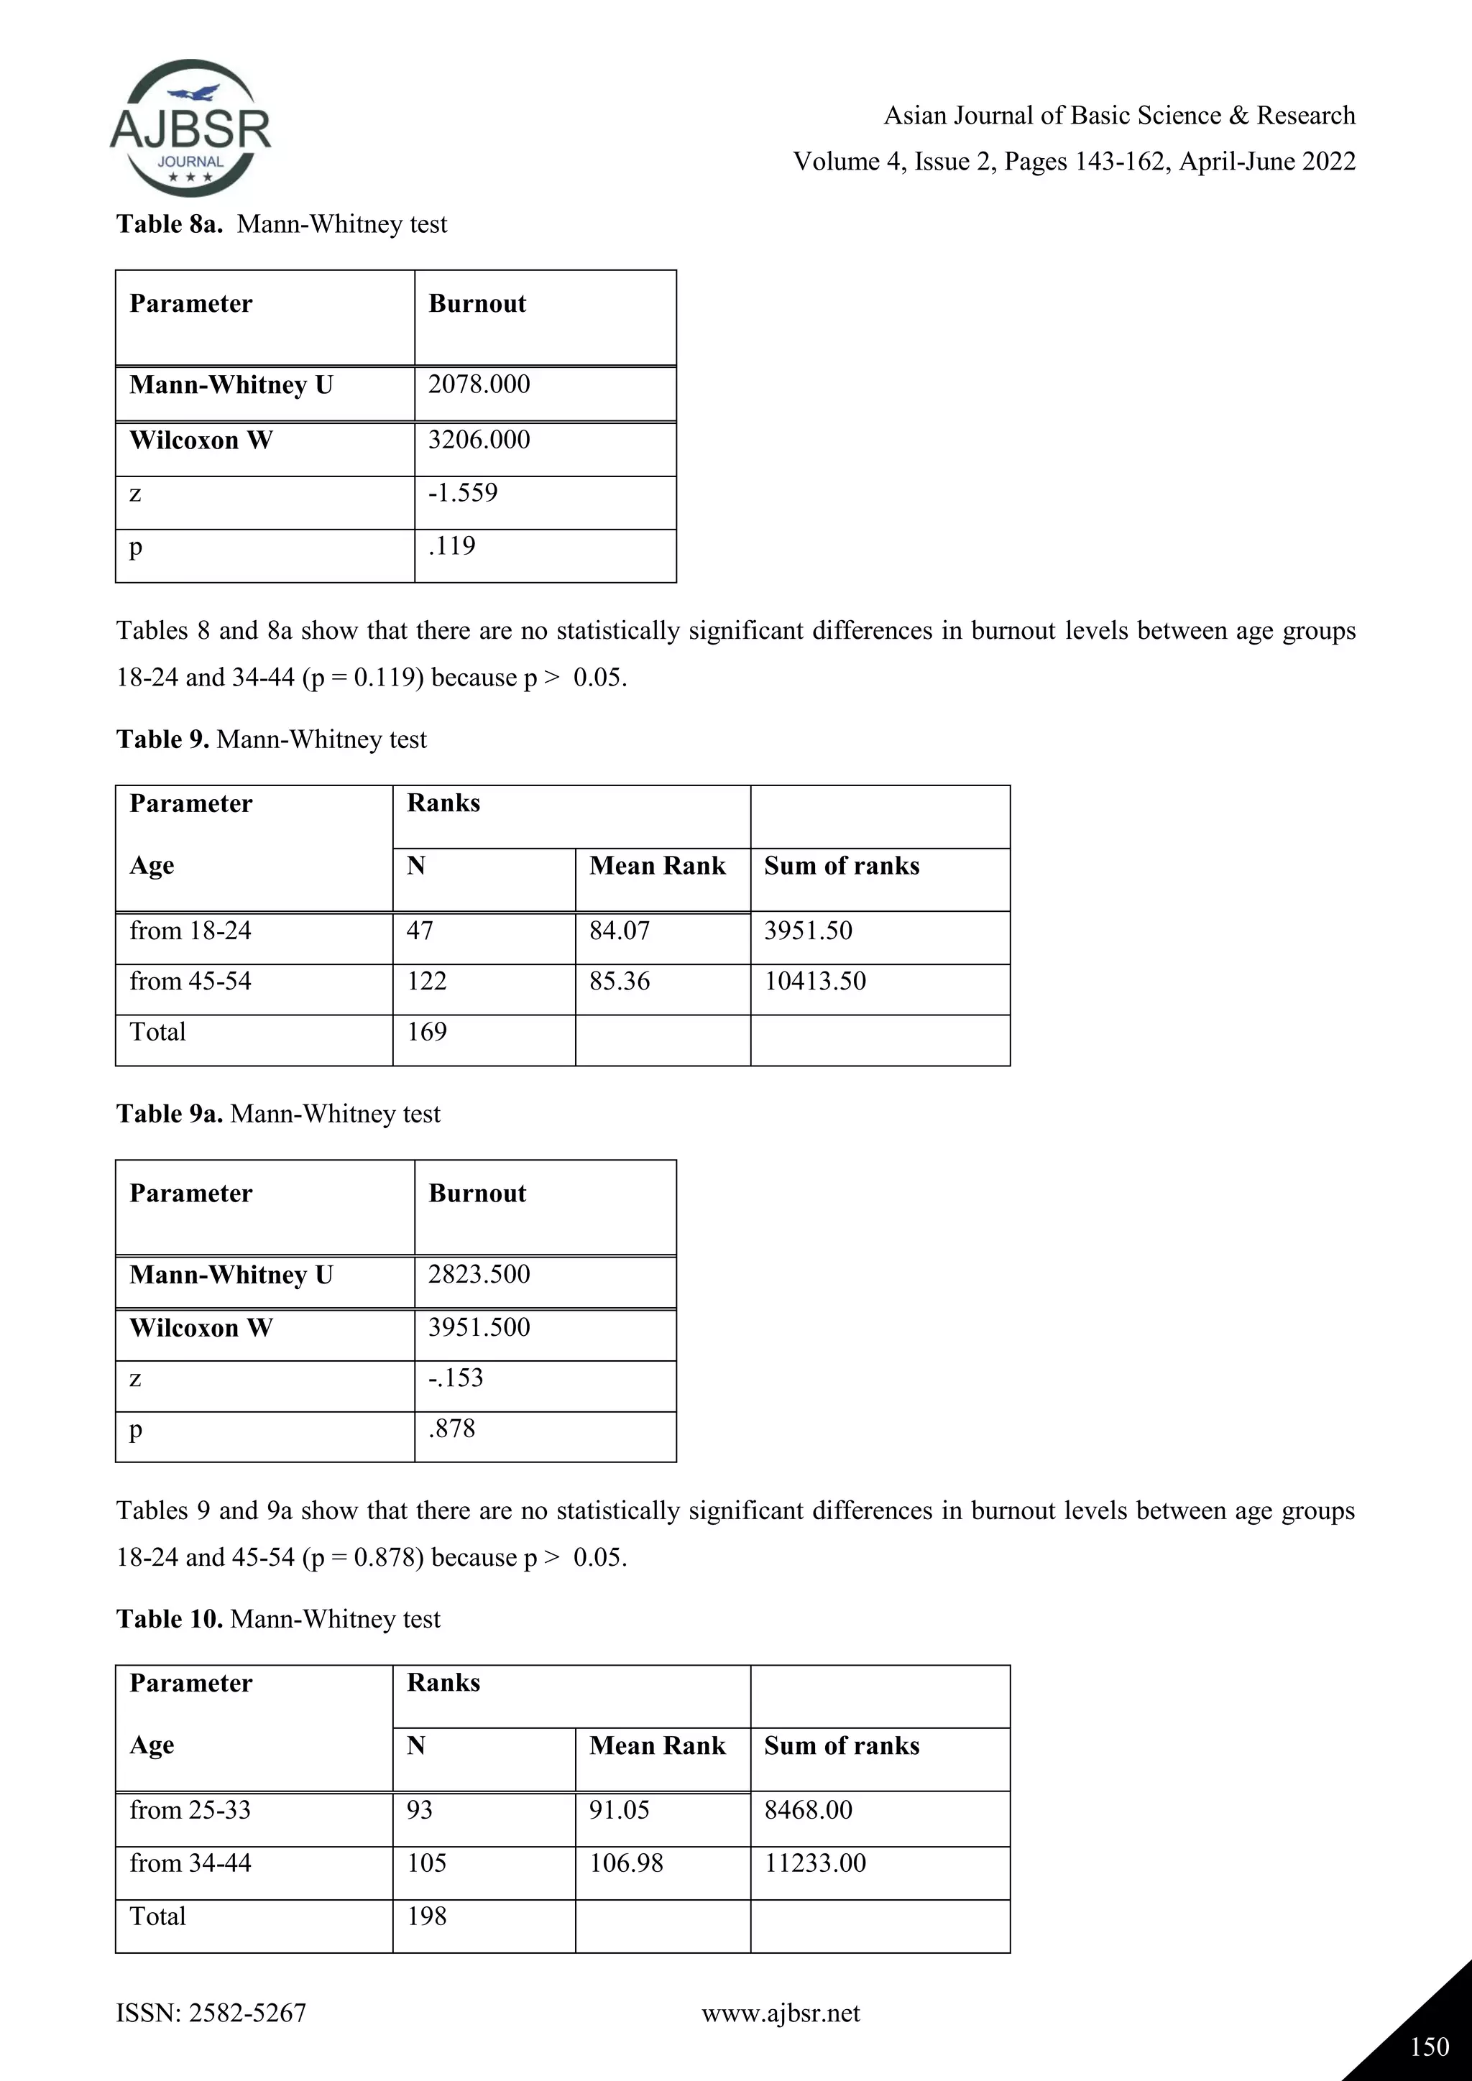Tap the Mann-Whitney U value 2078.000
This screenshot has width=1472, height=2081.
click(x=479, y=384)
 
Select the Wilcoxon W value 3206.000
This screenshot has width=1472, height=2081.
click(x=479, y=440)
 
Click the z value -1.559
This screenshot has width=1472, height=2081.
click(x=463, y=493)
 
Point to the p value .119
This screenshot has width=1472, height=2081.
click(x=451, y=545)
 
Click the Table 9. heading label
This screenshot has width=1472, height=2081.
click(x=162, y=739)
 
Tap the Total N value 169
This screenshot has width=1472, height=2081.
click(x=426, y=1033)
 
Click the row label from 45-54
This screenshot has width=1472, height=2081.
click(x=190, y=982)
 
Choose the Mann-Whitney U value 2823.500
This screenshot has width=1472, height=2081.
click(x=479, y=1274)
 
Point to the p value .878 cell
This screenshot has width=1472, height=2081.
click(x=451, y=1429)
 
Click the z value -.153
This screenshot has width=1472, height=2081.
click(x=455, y=1378)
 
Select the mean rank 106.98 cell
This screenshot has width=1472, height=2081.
click(x=625, y=1863)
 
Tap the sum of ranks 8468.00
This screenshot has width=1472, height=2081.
click(x=808, y=1810)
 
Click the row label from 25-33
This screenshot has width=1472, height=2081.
click(x=190, y=1810)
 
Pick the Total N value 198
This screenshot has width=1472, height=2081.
click(x=426, y=1916)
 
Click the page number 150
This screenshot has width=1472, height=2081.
click(x=1430, y=2047)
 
